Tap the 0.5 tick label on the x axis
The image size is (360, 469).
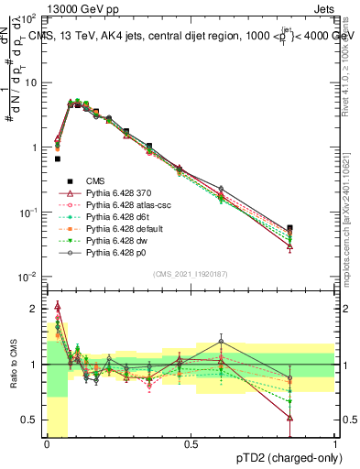coord(191,443)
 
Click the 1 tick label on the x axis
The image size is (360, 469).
coord(335,443)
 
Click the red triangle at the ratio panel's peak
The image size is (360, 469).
coord(57,306)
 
